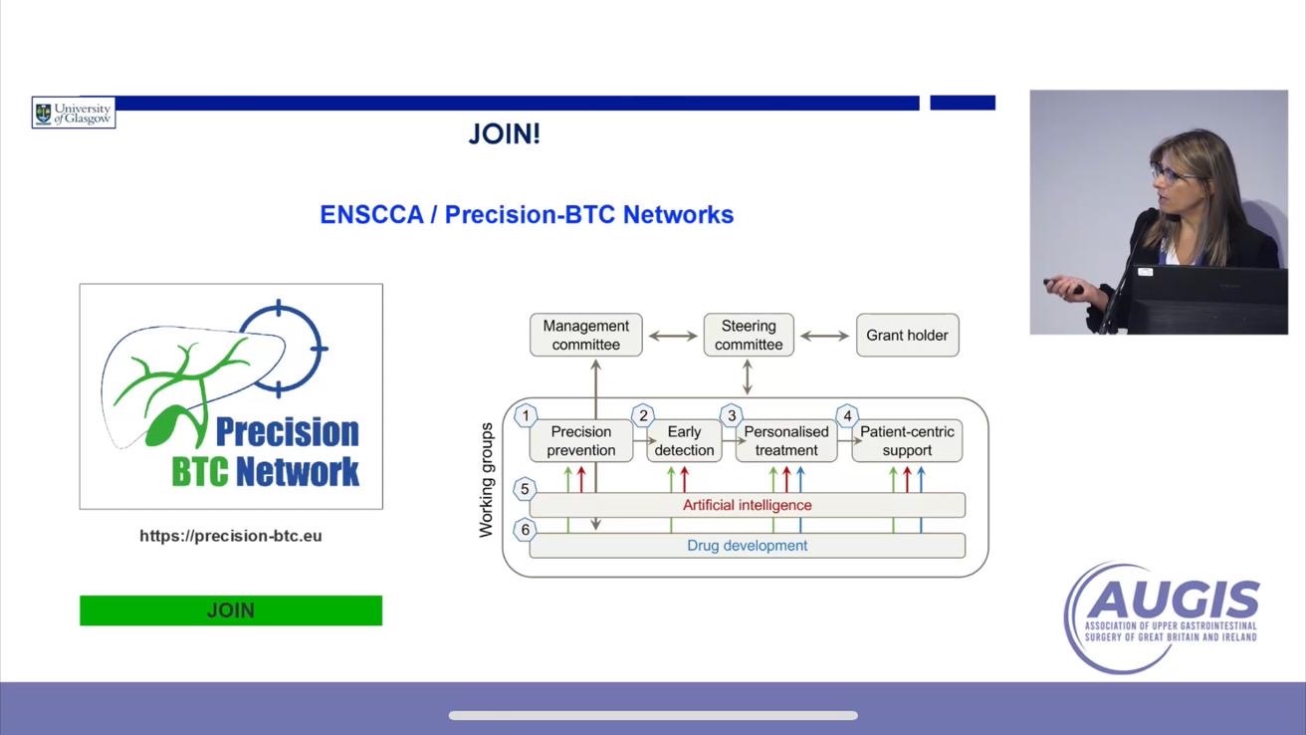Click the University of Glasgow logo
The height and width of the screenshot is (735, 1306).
click(x=74, y=113)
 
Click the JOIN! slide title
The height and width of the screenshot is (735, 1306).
click(x=504, y=134)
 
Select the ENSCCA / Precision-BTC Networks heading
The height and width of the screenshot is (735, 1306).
click(x=527, y=214)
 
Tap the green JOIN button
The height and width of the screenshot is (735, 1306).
click(x=230, y=611)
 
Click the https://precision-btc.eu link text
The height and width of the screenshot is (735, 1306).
click(x=230, y=536)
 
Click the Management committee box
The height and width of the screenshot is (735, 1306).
click(x=585, y=336)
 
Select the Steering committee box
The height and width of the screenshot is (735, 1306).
click(x=749, y=336)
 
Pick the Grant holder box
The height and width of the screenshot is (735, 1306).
click(x=907, y=336)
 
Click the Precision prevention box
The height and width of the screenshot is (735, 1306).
click(x=581, y=441)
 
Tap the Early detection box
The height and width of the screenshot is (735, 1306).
click(x=684, y=441)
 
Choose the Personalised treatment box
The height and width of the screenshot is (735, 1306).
click(x=786, y=441)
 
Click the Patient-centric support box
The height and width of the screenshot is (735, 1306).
click(x=907, y=441)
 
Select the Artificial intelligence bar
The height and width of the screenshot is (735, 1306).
click(x=747, y=505)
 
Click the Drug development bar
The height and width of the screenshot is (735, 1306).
click(x=747, y=546)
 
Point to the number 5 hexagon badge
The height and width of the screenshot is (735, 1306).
click(x=526, y=489)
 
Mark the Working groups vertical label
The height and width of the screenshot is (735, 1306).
click(x=487, y=480)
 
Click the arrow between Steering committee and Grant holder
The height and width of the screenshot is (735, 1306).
click(x=824, y=337)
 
